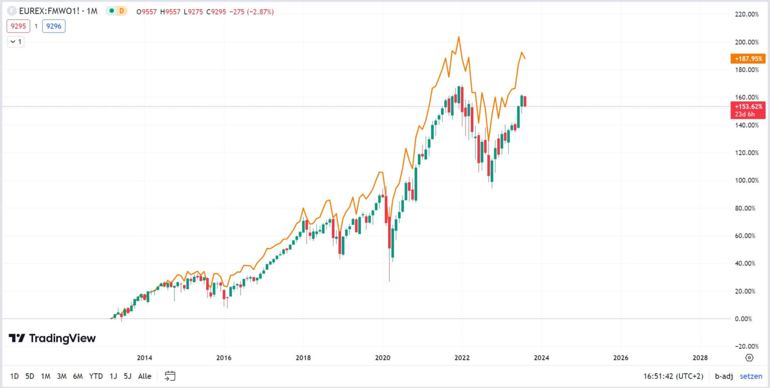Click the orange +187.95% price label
tap(748, 59)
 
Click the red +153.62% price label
tap(748, 106)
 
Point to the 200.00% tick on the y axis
tap(746, 42)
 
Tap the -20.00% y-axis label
tap(746, 346)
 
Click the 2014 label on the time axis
tap(144, 357)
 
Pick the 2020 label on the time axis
tap(382, 357)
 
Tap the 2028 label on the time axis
tap(700, 357)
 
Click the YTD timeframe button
tap(96, 376)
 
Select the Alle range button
tap(144, 376)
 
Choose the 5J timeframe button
tap(128, 376)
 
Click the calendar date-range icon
tap(170, 376)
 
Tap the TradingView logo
tap(52, 338)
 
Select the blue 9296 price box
tap(54, 26)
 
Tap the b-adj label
tap(723, 376)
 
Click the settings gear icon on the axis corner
tap(749, 357)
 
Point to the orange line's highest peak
tap(458, 37)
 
